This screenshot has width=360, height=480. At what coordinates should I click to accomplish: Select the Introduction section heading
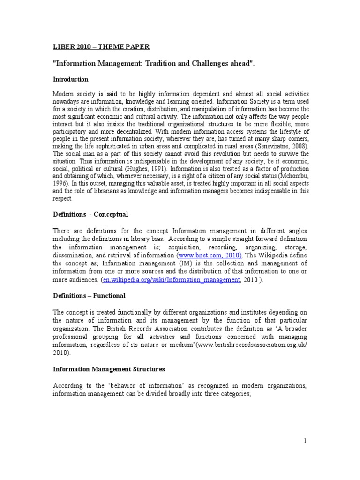pos(70,79)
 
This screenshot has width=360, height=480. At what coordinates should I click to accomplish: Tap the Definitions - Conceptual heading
pos(90,214)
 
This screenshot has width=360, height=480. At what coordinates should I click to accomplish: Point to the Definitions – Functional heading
pos(89,296)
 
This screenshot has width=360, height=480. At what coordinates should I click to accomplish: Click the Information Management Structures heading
pos(109,370)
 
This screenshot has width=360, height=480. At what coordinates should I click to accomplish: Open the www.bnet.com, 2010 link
pos(210,255)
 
